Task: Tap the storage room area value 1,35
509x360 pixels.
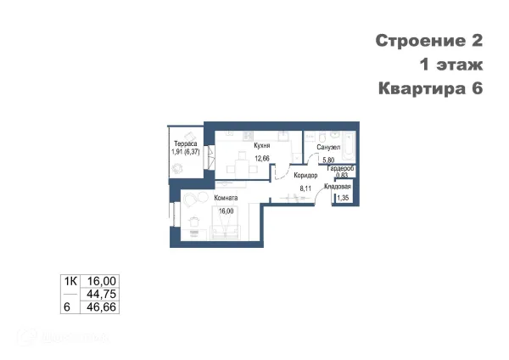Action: point(343,199)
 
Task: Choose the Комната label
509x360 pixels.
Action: point(226,199)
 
